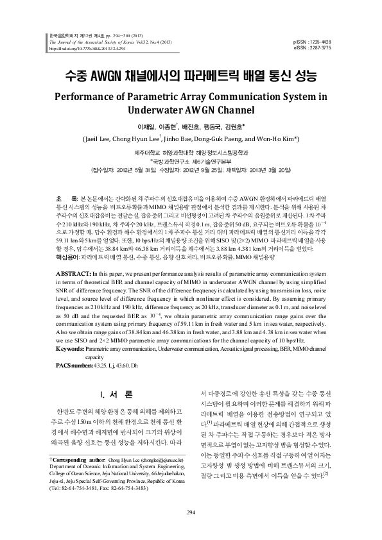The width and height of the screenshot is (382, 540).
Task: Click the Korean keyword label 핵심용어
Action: [65, 255]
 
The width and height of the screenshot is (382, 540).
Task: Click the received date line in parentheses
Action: [191, 170]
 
